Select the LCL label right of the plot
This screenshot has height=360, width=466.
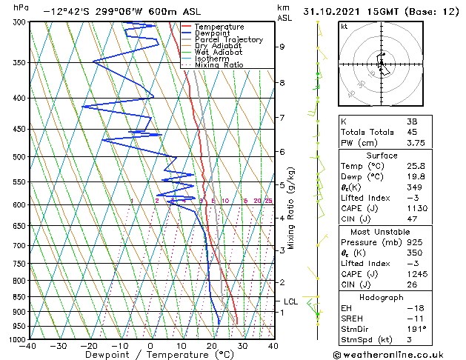(x=290, y=301)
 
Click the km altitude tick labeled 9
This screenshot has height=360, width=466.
(x=282, y=47)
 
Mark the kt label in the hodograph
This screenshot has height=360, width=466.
(x=344, y=26)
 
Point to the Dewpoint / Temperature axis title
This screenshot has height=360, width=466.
(x=150, y=355)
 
